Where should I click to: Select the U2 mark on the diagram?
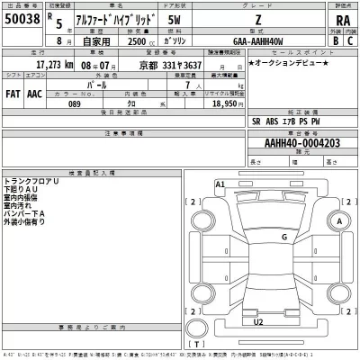tap(258, 320)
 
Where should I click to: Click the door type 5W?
tap(160, 20)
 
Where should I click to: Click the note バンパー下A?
tap(23, 212)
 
